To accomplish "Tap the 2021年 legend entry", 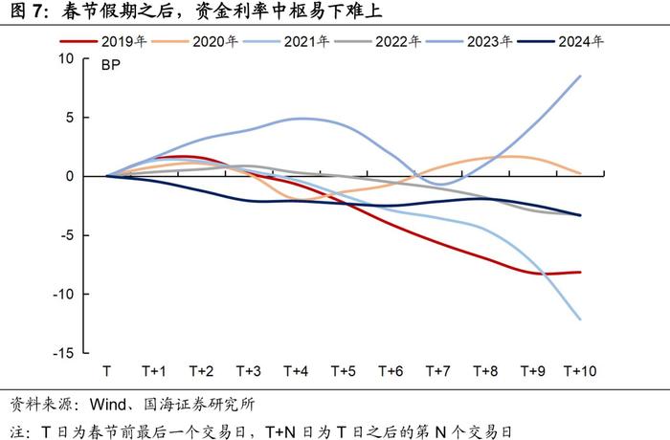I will coord(307,42).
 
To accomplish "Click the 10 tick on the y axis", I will coord(66,58).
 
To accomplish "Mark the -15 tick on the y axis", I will coord(63,354).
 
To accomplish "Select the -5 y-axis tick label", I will coord(66,235).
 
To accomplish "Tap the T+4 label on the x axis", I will coord(296,371).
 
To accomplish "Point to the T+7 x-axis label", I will coord(438,371).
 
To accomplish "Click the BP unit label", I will coord(113,67).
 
